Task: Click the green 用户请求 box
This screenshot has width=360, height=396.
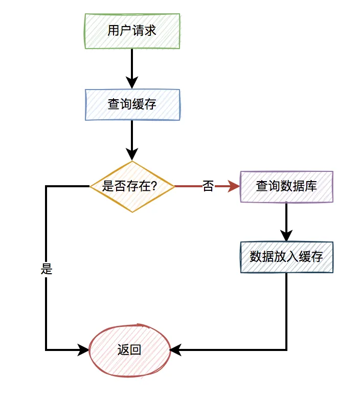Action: [132, 31]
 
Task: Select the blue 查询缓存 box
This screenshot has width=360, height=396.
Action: [132, 105]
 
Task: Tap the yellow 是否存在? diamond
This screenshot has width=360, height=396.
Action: [132, 187]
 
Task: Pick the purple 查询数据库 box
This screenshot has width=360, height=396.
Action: [286, 187]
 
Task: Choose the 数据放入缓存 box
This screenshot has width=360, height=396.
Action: [286, 257]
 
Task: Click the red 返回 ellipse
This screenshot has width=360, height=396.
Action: [129, 350]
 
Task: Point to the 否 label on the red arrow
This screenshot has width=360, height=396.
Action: [208, 187]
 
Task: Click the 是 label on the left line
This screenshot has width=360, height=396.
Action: [47, 269]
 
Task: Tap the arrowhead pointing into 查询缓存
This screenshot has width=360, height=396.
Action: [132, 83]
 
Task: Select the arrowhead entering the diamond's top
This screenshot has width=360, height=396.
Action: [132, 154]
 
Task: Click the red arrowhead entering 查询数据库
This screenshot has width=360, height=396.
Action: [234, 187]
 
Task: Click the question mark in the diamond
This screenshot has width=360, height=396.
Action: [153, 187]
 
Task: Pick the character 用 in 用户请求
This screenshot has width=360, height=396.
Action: [113, 31]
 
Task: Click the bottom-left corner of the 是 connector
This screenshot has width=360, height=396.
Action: [47, 350]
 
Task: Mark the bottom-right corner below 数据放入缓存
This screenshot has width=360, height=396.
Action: [286, 350]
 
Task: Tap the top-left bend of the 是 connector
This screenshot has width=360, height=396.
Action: [47, 187]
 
